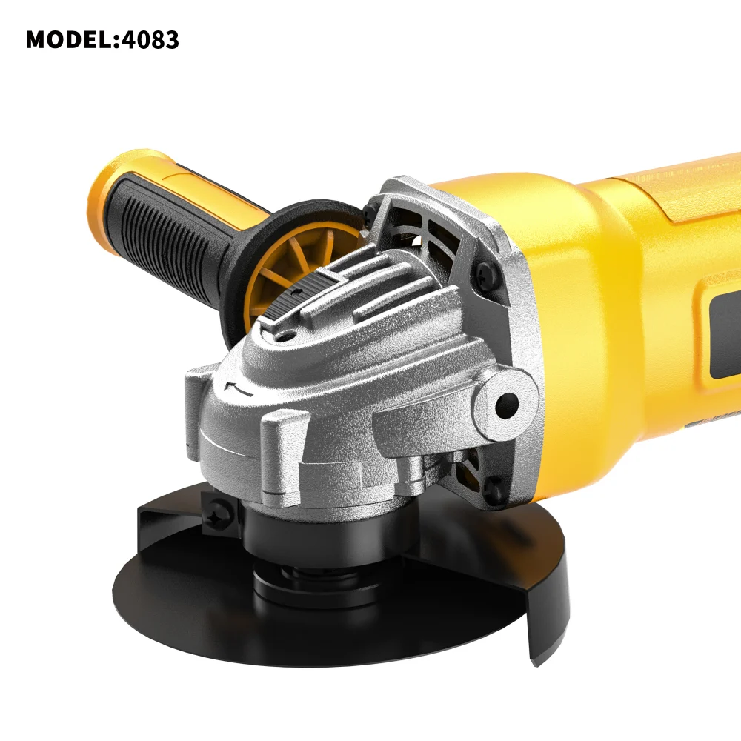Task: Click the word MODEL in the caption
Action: pos(69,40)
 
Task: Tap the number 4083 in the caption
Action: pos(150,40)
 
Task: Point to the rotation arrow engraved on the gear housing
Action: pos(239,388)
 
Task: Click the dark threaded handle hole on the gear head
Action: pos(507,403)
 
